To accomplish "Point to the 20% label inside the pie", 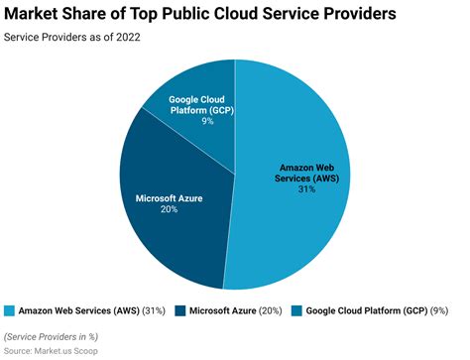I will (169, 209).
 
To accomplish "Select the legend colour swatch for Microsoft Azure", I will (181, 310).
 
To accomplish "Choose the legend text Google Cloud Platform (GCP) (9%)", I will (376, 310).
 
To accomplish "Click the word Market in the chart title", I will (35, 15).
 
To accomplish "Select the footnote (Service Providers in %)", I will (57, 336).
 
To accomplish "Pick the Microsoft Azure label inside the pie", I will (169, 198).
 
